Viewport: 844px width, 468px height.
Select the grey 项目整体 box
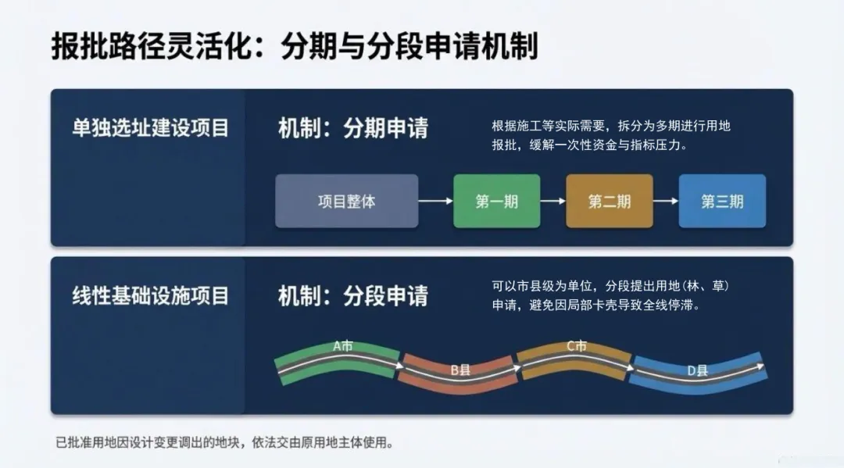click(x=346, y=201)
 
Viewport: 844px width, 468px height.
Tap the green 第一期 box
click(x=496, y=201)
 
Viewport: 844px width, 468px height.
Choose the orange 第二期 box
click(x=609, y=201)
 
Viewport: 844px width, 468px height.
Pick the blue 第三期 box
click(x=721, y=201)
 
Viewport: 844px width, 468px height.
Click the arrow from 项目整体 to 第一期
click(x=435, y=201)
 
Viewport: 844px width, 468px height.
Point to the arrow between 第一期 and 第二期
click(x=553, y=201)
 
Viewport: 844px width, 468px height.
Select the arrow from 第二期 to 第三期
click(x=665, y=201)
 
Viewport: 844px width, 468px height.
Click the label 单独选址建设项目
click(x=150, y=128)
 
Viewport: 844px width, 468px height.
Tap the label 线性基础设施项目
click(x=150, y=296)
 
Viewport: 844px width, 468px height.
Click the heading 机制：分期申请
click(x=353, y=128)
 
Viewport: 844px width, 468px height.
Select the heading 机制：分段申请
click(x=353, y=296)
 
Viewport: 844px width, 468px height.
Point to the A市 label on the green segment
click(x=342, y=345)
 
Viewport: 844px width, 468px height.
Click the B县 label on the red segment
click(x=460, y=370)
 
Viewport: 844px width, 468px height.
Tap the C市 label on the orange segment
click(x=577, y=345)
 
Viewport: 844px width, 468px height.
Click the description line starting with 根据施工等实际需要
click(x=611, y=126)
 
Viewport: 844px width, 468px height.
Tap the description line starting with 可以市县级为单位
click(x=611, y=286)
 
